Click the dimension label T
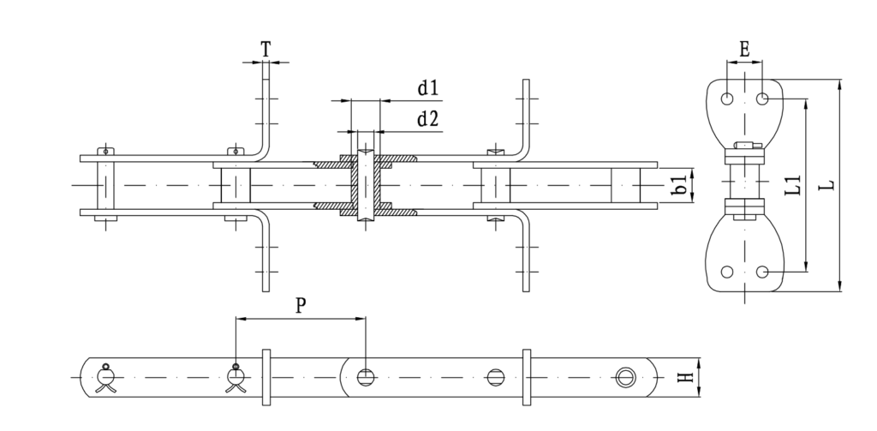point(265,50)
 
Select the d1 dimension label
point(427,88)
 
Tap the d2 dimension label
point(427,119)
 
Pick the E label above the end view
point(744,51)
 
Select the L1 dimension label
point(792,185)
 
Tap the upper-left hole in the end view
point(727,99)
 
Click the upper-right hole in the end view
point(762,99)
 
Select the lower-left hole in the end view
point(727,272)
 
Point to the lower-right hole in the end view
point(762,272)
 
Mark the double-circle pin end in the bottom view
point(625,377)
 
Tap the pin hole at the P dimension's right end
point(366,377)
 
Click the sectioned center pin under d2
point(366,185)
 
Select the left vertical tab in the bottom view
point(265,377)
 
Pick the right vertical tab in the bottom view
point(527,377)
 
